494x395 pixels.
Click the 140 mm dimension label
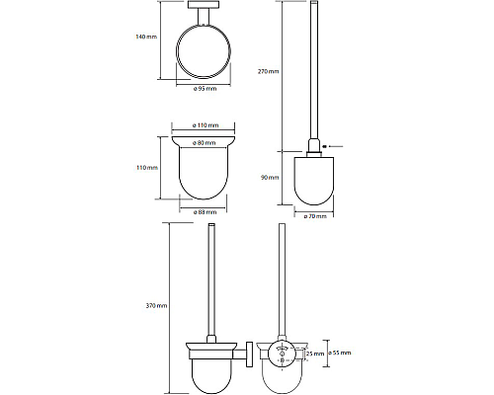pyautogui.click(x=146, y=37)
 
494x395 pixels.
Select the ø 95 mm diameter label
pyautogui.click(x=205, y=88)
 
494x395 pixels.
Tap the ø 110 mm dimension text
pyautogui.click(x=206, y=125)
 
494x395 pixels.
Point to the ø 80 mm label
pyautogui.click(x=205, y=142)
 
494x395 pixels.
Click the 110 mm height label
pyautogui.click(x=147, y=168)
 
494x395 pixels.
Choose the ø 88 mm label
pyautogui.click(x=205, y=212)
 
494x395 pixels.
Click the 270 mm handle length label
pyautogui.click(x=268, y=71)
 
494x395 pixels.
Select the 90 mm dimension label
pyautogui.click(x=270, y=178)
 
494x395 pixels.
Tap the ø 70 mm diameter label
pyautogui.click(x=315, y=216)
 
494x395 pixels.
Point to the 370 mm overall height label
pyautogui.click(x=156, y=306)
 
